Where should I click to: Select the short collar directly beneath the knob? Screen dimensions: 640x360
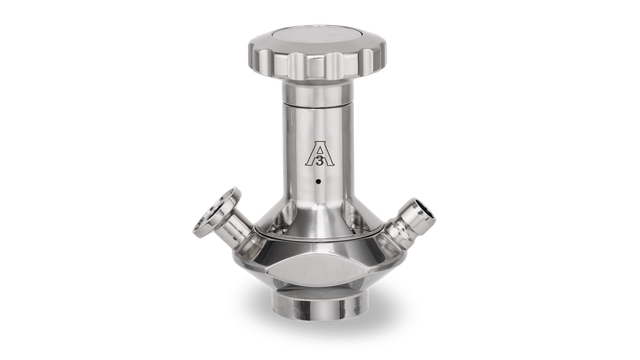point(318,93)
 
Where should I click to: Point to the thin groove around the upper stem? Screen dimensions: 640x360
point(318,106)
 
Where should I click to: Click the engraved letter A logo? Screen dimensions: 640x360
point(319,155)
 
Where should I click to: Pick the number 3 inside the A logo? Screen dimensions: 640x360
point(320,161)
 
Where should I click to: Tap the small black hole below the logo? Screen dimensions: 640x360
point(318,181)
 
